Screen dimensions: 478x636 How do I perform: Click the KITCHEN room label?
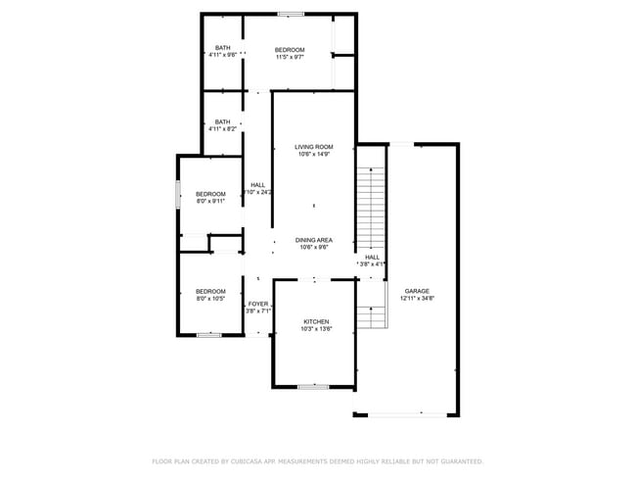315,322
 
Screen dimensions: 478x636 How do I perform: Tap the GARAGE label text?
418,291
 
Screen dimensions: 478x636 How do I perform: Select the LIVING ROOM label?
314,147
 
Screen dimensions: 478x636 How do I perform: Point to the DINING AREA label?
314,240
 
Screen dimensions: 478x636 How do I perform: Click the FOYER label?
258,305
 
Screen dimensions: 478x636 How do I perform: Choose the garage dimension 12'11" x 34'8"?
418,299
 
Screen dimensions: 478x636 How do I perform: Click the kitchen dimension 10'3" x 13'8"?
315,330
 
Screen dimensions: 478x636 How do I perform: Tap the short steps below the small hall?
371,316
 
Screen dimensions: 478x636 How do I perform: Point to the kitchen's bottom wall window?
313,387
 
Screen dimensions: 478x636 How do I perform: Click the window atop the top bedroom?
290,14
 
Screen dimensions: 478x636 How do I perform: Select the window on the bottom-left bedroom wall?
209,336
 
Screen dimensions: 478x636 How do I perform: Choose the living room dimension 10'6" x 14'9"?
314,155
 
